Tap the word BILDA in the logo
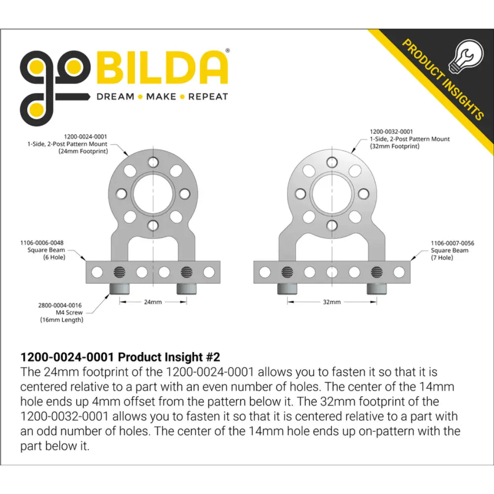pyautogui.click(x=162, y=68)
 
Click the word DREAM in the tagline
pyautogui.click(x=115, y=96)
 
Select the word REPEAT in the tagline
pyautogui.click(x=208, y=96)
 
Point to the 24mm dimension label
pyautogui.click(x=153, y=302)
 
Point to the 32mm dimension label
pyautogui.click(x=332, y=302)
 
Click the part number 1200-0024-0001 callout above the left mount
pyautogui.click(x=85, y=136)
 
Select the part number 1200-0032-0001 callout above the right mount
pyautogui.click(x=391, y=131)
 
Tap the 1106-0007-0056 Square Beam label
pyautogui.click(x=453, y=250)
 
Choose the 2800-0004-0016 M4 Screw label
pyautogui.click(x=60, y=313)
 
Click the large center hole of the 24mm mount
pyautogui.click(x=153, y=194)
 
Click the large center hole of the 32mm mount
pyautogui.click(x=332, y=194)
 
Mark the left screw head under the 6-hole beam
pyautogui.click(x=119, y=288)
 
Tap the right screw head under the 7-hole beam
pyautogui.click(x=377, y=288)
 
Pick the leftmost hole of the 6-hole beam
pyautogui.click(x=97, y=272)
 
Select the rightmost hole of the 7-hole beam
pyautogui.click(x=399, y=272)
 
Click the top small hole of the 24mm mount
pyautogui.click(x=153, y=162)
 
